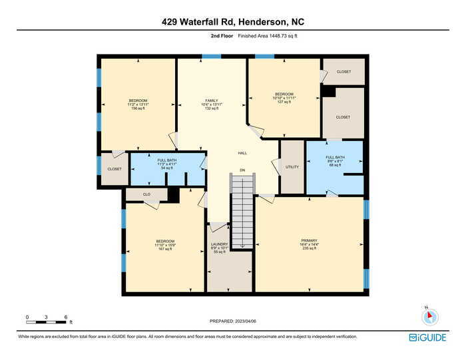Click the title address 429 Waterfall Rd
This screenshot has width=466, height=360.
233,21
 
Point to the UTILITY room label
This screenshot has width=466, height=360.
292,167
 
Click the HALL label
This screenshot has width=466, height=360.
242,153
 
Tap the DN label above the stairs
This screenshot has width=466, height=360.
242,170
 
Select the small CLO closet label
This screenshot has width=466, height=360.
146,194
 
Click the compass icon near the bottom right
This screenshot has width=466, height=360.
430,317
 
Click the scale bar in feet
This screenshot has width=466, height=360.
47,321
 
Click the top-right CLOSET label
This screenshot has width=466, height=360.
344,72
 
